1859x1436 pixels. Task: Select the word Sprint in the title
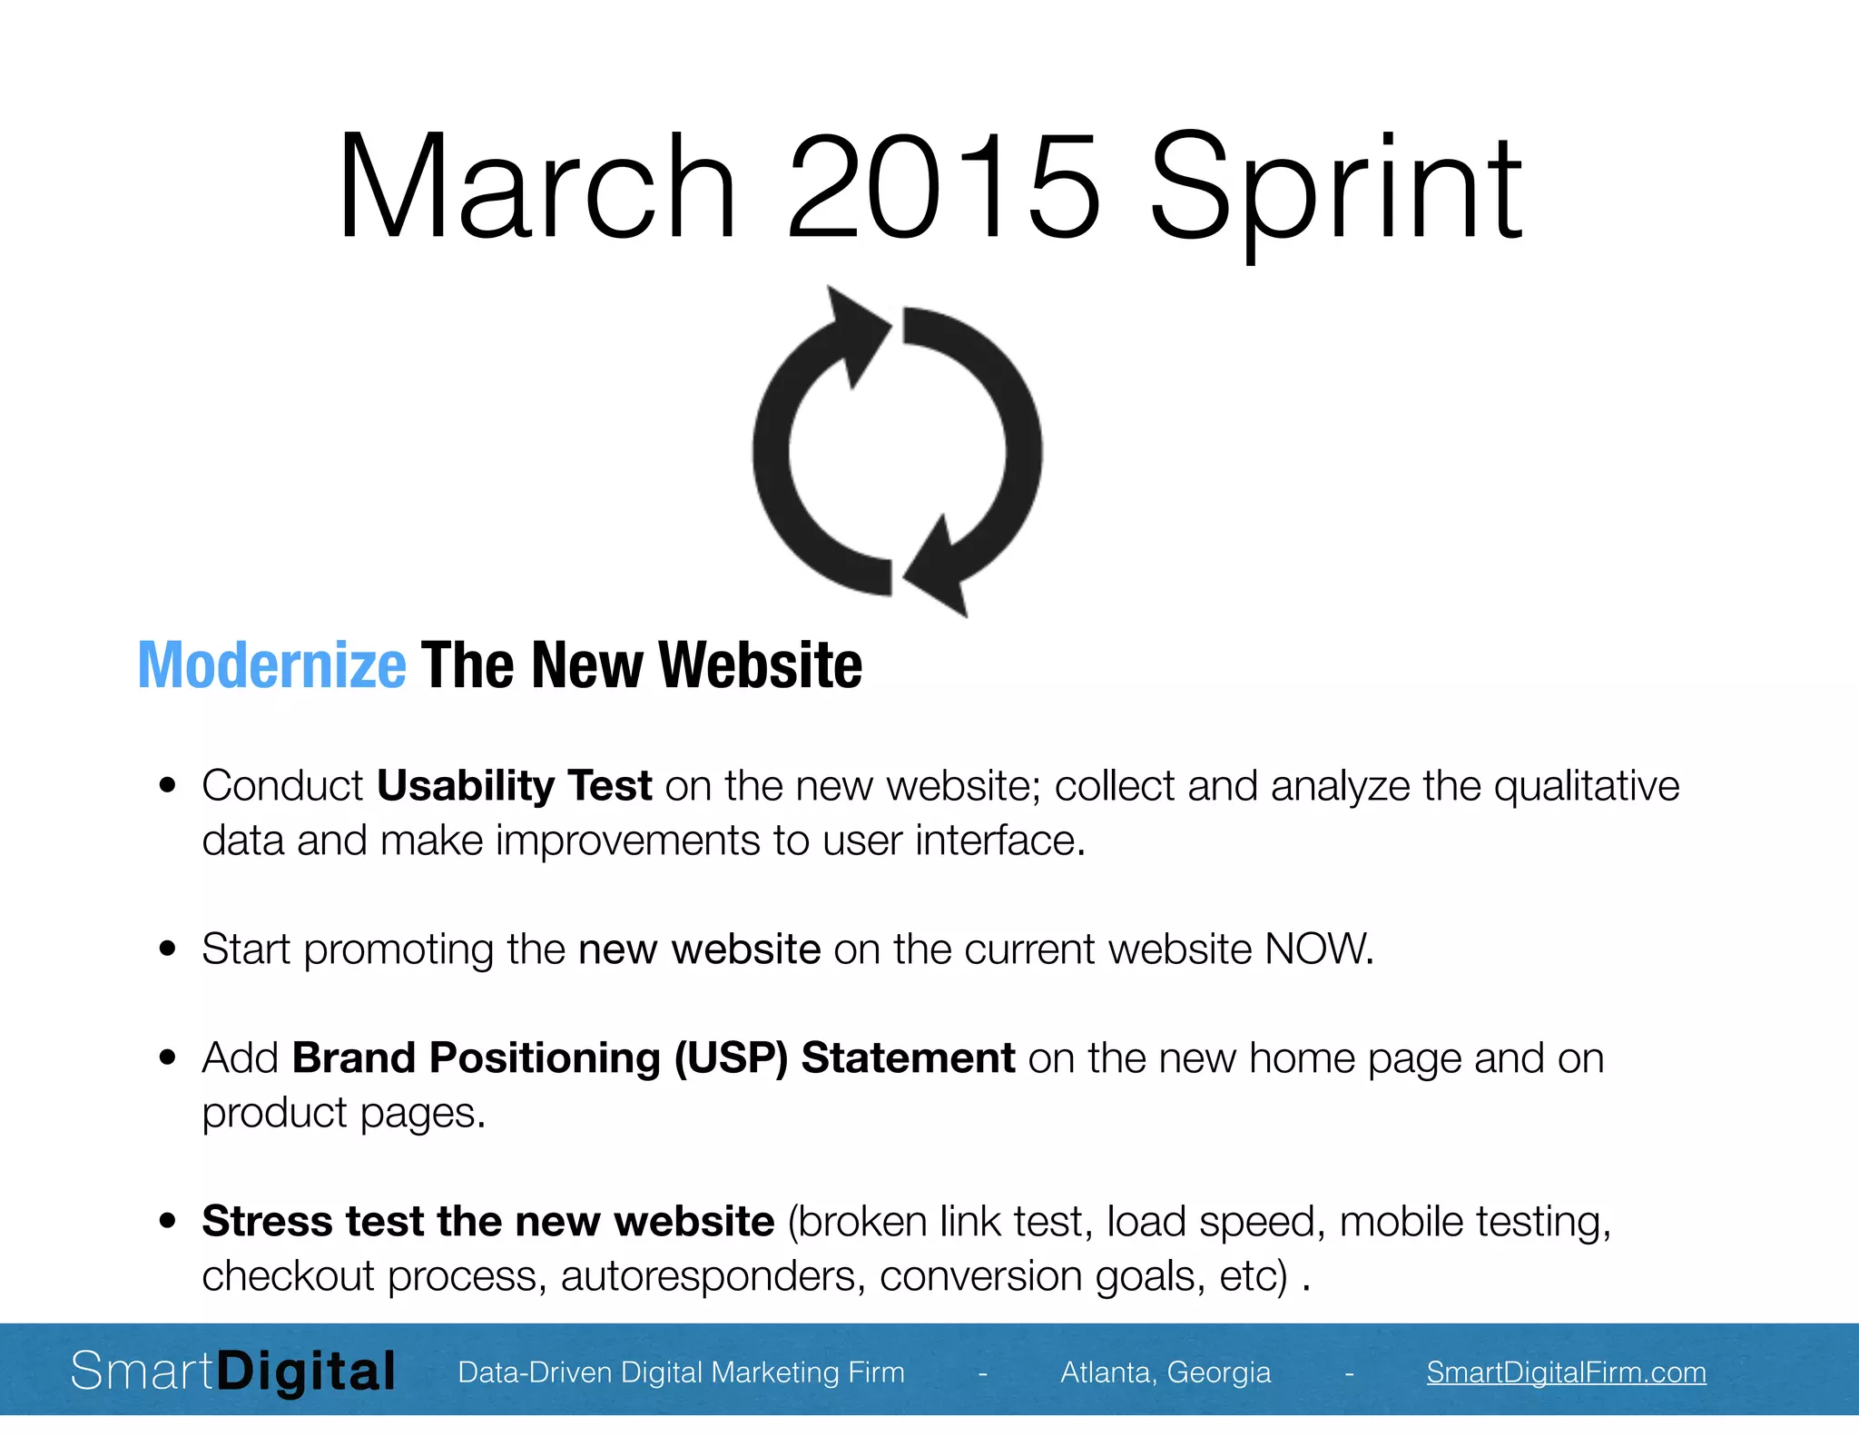pos(1334,191)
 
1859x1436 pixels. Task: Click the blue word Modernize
pos(271,665)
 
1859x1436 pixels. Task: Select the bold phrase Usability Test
pos(514,786)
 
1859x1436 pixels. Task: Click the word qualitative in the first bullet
pos(1586,786)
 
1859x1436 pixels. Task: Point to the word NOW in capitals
pos(1317,949)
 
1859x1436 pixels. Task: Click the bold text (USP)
pos(731,1058)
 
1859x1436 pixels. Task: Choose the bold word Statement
pos(908,1058)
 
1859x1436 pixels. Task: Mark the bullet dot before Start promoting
pos(167,949)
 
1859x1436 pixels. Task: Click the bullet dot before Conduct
pos(167,786)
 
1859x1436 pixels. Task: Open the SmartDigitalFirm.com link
pos(1566,1372)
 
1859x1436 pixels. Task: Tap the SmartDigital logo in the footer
pos(233,1372)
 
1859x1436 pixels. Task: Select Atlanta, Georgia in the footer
pos(1166,1372)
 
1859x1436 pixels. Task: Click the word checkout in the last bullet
pos(288,1276)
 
